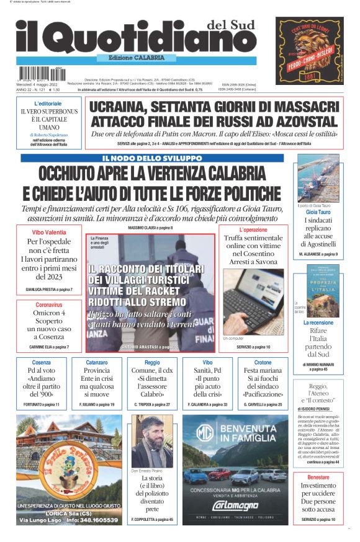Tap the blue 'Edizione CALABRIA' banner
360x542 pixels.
[132, 58]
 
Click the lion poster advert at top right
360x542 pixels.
[309, 51]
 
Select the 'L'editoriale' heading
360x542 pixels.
[48, 104]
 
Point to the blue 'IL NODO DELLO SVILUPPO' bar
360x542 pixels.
[152, 158]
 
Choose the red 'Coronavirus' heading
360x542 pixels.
[49, 305]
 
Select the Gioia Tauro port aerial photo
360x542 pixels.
[318, 178]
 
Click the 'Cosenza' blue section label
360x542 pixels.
[41, 362]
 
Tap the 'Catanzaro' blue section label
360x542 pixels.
[97, 362]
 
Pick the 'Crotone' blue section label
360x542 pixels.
[263, 362]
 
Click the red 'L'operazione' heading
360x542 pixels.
[253, 229]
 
